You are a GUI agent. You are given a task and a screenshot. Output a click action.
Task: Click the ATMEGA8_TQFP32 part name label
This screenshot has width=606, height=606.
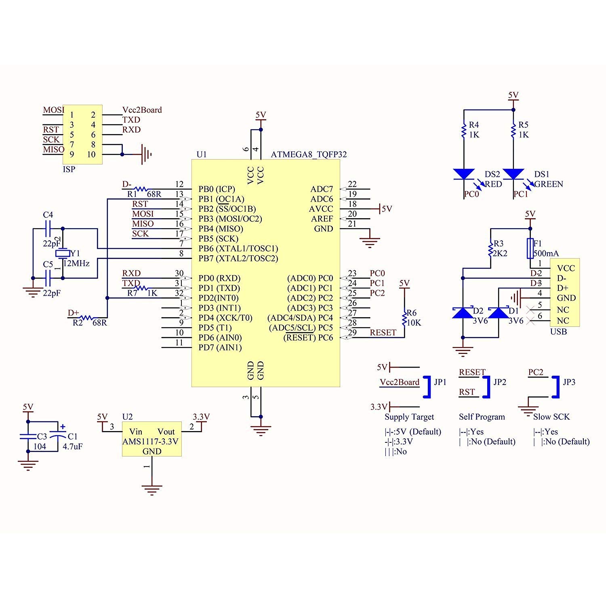[309, 155]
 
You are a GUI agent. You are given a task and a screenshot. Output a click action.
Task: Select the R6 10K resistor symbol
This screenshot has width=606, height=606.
[404, 318]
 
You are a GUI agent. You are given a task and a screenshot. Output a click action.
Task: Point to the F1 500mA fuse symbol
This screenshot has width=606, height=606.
[530, 248]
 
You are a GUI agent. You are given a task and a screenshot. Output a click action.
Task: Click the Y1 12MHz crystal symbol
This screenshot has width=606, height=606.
[63, 253]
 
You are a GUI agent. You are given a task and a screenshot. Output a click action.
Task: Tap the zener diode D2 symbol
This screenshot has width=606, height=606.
[463, 313]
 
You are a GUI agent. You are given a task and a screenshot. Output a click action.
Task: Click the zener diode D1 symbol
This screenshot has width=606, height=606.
[499, 313]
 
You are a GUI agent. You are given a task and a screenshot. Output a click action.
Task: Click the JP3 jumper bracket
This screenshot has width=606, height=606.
[558, 387]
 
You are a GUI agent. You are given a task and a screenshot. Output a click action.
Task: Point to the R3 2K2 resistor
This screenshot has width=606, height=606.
[490, 248]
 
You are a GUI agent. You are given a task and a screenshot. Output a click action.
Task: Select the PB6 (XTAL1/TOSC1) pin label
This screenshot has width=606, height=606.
[238, 248]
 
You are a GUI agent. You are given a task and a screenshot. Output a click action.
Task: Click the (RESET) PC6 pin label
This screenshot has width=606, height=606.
[308, 338]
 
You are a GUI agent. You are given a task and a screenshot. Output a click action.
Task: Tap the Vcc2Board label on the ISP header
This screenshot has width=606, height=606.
[142, 110]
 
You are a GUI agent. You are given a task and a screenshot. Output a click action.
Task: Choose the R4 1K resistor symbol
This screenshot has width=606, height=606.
[464, 130]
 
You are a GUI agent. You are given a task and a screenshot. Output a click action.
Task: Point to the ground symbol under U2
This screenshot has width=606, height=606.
[151, 490]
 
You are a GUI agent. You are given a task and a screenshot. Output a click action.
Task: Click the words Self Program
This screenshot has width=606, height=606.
[482, 417]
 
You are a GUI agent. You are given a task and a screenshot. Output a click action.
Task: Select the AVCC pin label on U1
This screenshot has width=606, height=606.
[321, 209]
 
